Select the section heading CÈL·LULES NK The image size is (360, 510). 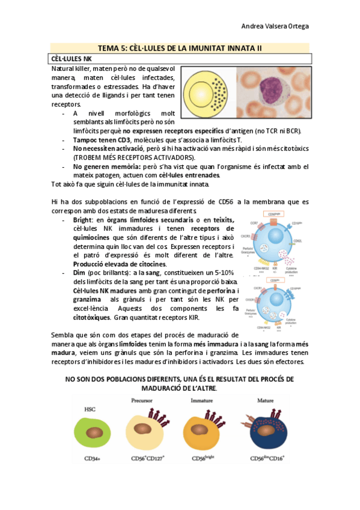pos(72,58)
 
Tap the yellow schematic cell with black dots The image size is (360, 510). pos(207,92)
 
